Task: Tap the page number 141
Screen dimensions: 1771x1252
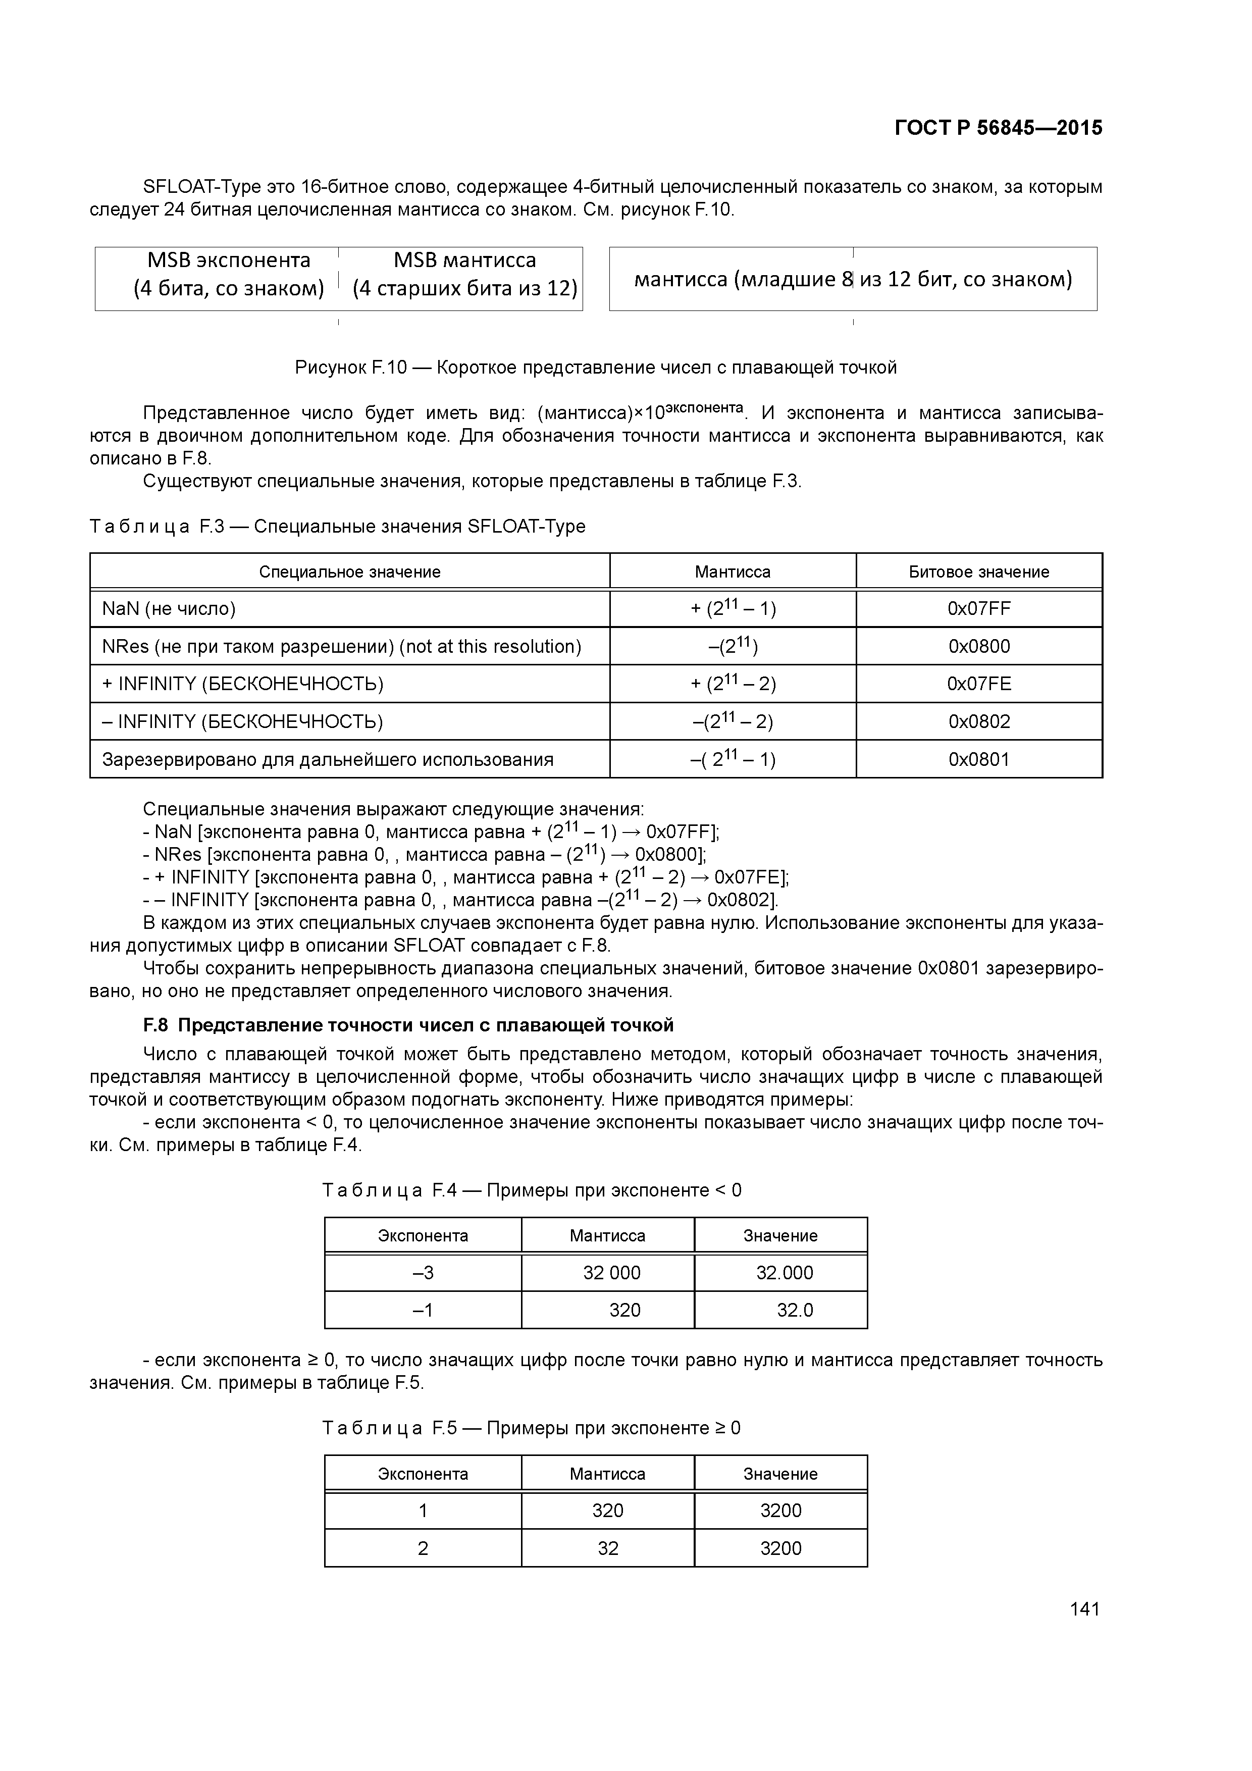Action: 1084,1609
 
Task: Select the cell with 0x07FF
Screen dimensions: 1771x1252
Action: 978,608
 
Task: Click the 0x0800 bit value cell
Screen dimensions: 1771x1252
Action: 978,646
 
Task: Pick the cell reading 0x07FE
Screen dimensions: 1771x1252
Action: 978,684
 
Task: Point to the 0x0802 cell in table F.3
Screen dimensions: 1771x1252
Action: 978,722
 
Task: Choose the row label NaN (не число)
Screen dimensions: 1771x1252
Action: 169,608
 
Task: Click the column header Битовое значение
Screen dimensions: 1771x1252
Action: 978,571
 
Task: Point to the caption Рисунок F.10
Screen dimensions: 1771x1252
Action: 596,368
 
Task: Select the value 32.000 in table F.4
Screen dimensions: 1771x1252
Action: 784,1273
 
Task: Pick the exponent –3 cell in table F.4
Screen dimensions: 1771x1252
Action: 423,1273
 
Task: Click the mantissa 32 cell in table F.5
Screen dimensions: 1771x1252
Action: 608,1548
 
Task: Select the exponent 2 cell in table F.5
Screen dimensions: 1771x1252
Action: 423,1548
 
